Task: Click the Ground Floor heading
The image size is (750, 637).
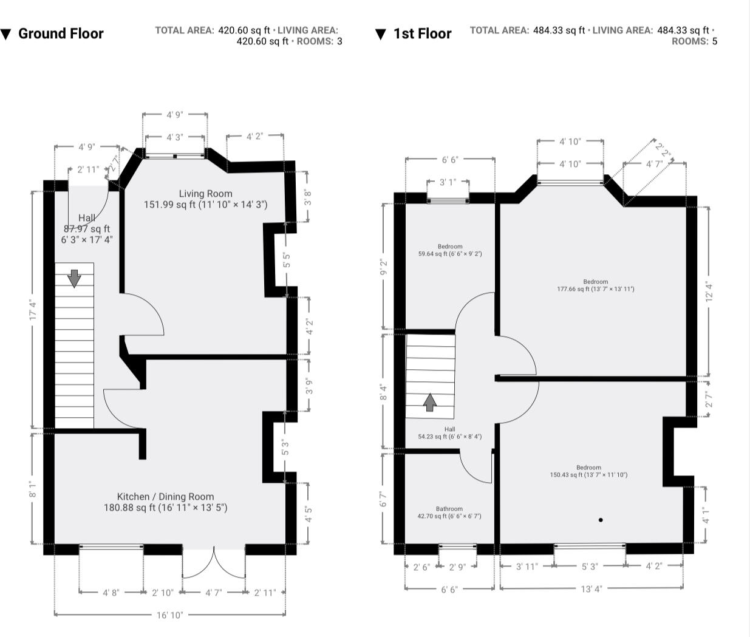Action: (x=61, y=34)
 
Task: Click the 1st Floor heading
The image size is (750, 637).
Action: (x=422, y=34)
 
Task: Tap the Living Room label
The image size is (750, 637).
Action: (x=205, y=194)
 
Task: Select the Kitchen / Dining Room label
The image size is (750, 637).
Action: (x=165, y=497)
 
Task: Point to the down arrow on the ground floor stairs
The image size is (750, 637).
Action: (x=74, y=279)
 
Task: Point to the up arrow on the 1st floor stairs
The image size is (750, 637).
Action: (x=430, y=402)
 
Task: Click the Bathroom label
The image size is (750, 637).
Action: (x=449, y=509)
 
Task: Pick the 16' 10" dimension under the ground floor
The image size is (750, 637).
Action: (x=170, y=615)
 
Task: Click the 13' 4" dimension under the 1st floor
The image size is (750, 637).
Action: (x=591, y=589)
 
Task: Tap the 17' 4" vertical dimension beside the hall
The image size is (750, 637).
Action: (x=33, y=310)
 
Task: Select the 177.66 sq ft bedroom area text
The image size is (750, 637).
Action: (x=596, y=289)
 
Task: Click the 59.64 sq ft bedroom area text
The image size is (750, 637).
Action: (x=450, y=254)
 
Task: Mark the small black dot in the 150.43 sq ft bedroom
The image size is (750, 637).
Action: (x=601, y=520)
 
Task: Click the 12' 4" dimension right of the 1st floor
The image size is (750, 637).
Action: (x=709, y=293)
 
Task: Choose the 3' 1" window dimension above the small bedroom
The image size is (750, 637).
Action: (x=448, y=182)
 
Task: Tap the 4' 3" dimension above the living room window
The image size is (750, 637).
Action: (x=175, y=137)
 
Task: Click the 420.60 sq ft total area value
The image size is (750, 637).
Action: (x=244, y=30)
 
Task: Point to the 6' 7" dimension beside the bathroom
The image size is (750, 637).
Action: (x=384, y=499)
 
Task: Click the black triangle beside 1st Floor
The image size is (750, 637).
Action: (x=381, y=35)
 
